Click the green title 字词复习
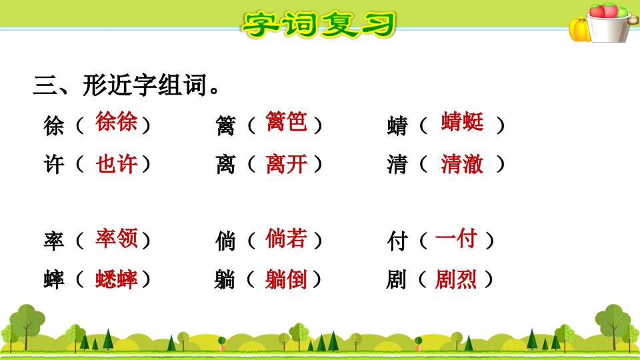(319, 25)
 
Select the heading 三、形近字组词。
(126, 85)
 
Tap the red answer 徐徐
(116, 121)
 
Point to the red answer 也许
(116, 164)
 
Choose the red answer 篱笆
(286, 121)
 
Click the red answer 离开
(286, 164)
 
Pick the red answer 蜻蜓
(463, 121)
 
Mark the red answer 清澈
(463, 164)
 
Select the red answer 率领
(116, 238)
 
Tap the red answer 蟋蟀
(116, 279)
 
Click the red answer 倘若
(286, 238)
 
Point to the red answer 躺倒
(286, 279)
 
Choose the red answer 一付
(456, 238)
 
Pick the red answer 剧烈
(456, 279)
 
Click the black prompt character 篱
(226, 125)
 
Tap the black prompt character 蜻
(397, 125)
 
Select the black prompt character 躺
(225, 280)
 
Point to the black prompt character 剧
(396, 280)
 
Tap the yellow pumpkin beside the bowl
(579, 30)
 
